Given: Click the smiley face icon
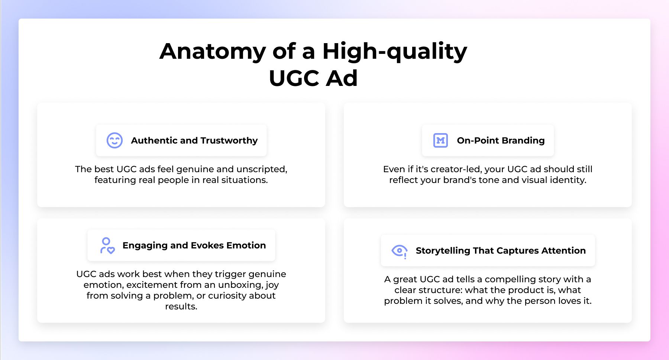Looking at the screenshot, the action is pos(114,141).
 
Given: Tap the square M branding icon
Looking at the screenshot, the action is pos(440,141).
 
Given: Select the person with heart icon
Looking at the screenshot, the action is pos(107,246).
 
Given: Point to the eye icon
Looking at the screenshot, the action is pos(400,251).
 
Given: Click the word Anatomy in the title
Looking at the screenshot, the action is pos(213,51).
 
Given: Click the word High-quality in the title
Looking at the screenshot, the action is pos(395,51).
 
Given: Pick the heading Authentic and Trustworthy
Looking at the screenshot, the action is pos(194,141).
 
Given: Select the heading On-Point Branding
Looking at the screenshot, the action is pos(501,141).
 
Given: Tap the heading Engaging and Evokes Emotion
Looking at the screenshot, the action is pos(194,245).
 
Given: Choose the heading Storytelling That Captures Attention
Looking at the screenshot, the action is pos(501,251).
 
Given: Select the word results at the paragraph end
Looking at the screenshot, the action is pos(181,306).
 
